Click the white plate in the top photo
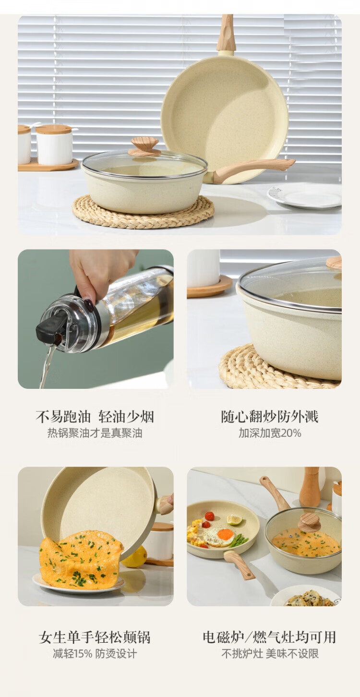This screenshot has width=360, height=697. (x=304, y=196)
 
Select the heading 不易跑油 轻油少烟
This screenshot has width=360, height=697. (x=95, y=417)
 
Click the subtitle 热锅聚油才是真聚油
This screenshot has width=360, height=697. (x=95, y=433)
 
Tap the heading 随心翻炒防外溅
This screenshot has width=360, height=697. (x=270, y=417)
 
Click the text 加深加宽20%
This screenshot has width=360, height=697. (x=270, y=433)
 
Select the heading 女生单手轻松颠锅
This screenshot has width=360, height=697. (x=95, y=637)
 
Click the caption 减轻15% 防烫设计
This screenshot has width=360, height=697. (x=95, y=653)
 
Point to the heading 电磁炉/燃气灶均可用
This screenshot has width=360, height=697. (x=269, y=637)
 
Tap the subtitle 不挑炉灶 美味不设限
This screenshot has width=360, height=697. (x=270, y=653)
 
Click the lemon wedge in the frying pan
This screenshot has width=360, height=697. (x=235, y=520)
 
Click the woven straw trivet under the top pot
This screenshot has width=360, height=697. (x=143, y=212)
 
